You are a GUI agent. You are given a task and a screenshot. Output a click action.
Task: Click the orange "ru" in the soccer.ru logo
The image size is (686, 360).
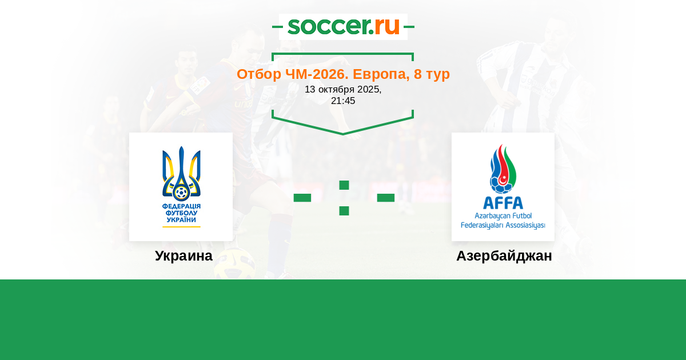[387, 26]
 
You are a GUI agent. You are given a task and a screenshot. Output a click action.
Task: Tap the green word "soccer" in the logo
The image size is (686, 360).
[329, 26]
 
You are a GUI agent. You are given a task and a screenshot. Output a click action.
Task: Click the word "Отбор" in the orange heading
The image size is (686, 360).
[259, 74]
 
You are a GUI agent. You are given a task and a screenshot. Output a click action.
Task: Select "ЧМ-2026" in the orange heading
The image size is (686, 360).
[317, 74]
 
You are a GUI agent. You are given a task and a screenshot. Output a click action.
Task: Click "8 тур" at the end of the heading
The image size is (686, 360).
[432, 74]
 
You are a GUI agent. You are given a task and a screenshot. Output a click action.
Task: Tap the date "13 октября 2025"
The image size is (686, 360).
[342, 89]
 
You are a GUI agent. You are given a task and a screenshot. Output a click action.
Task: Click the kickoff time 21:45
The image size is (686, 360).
[343, 101]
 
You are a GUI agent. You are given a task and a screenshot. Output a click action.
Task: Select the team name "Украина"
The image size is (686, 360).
[184, 255]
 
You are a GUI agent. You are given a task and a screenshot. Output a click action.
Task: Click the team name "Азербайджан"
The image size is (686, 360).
[504, 256]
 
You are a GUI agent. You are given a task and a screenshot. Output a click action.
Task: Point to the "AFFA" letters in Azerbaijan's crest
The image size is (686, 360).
[503, 203]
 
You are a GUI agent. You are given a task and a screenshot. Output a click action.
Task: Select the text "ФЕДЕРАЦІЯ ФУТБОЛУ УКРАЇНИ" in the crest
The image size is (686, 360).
[181, 213]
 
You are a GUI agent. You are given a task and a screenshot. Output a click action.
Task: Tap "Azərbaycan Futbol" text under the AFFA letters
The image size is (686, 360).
[503, 216]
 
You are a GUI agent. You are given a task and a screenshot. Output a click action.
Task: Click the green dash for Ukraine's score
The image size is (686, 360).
[302, 198]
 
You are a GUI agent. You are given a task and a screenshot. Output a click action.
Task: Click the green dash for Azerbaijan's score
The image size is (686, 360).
[385, 198]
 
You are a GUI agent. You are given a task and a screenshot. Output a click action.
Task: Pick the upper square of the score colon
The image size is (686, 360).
[344, 185]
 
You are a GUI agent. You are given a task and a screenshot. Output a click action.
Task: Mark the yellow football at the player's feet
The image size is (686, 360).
[235, 263]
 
